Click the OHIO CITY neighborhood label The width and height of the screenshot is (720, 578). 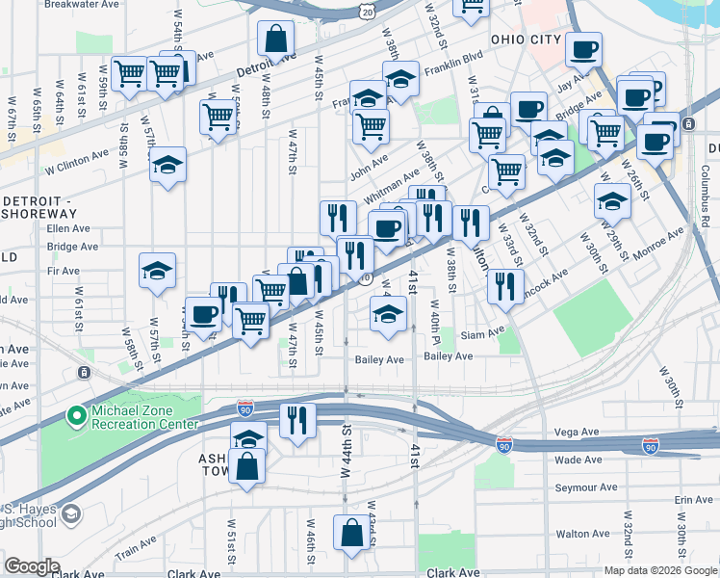pos(525,39)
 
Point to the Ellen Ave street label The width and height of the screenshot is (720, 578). pos(67,229)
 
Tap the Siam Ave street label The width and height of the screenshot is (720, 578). pos(482,334)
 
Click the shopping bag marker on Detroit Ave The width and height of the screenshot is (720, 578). pos(275,40)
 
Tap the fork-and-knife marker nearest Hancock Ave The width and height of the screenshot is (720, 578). pos(505,285)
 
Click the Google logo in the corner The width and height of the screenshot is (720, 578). pos(31,566)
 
